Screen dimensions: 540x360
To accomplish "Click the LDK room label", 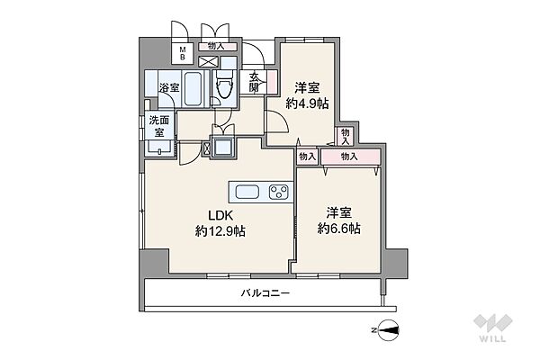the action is (x=221, y=215).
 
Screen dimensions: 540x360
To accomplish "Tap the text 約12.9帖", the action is (x=220, y=230).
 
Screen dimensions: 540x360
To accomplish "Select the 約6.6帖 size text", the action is (x=339, y=228).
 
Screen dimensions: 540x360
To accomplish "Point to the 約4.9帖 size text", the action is (x=307, y=103).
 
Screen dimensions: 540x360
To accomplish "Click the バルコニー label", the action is (x=265, y=293).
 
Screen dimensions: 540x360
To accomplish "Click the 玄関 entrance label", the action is (x=254, y=82).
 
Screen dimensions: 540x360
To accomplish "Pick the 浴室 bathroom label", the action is (x=169, y=87).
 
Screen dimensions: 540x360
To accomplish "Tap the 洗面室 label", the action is (x=159, y=126).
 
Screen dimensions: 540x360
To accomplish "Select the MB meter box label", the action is (x=182, y=53).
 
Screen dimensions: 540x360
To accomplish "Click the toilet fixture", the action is (x=224, y=82).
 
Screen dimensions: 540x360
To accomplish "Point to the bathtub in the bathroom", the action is (x=193, y=88).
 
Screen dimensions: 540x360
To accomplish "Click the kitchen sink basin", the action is (x=247, y=192).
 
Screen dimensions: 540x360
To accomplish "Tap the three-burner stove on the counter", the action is (x=279, y=192).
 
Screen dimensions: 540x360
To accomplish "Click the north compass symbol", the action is (x=388, y=330).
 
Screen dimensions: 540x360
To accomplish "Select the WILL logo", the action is (x=493, y=328).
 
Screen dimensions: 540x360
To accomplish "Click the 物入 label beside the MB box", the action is (x=217, y=46).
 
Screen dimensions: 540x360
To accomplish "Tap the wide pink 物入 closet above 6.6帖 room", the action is (x=350, y=157).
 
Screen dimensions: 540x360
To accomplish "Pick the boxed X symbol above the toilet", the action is (x=209, y=62).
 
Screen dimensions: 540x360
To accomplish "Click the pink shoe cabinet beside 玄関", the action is (x=272, y=82).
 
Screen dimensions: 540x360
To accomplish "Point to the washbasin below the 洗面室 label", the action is (x=160, y=148).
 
